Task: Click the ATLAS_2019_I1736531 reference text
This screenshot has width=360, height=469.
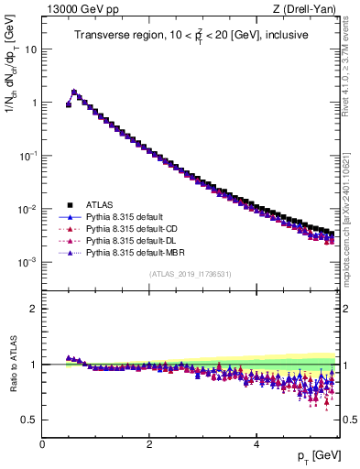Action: (x=190, y=274)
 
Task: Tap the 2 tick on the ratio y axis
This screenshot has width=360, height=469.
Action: (x=35, y=308)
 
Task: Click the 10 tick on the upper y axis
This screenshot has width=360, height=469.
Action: (x=31, y=49)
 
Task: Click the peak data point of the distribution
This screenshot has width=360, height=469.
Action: (x=74, y=92)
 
